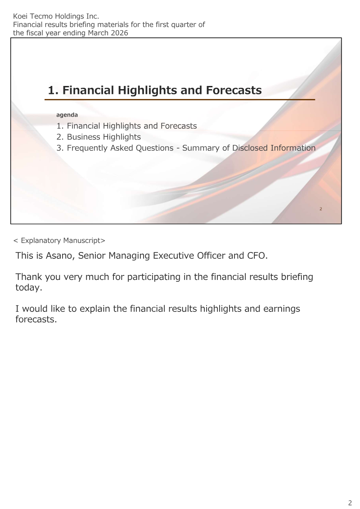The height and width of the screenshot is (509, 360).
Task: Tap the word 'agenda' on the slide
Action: pyautogui.click(x=67, y=115)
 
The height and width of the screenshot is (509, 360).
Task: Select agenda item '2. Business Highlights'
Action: pyautogui.click(x=99, y=137)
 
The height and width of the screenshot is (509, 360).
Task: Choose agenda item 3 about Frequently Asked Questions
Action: pyautogui.click(x=186, y=148)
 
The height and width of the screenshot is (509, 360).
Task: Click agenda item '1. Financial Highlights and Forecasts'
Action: pyautogui.click(x=126, y=126)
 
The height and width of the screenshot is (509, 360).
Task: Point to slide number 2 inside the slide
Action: pyautogui.click(x=321, y=209)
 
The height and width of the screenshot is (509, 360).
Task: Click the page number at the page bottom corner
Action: pyautogui.click(x=350, y=503)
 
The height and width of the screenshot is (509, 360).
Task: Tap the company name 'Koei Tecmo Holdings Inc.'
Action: pyautogui.click(x=56, y=16)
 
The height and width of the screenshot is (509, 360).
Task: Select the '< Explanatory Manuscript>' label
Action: pyautogui.click(x=59, y=240)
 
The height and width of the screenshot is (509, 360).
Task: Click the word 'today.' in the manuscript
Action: pyautogui.click(x=29, y=288)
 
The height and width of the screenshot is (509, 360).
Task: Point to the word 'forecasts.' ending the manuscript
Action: pyautogui.click(x=36, y=320)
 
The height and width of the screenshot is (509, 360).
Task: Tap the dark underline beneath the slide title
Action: pyautogui.click(x=180, y=99)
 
